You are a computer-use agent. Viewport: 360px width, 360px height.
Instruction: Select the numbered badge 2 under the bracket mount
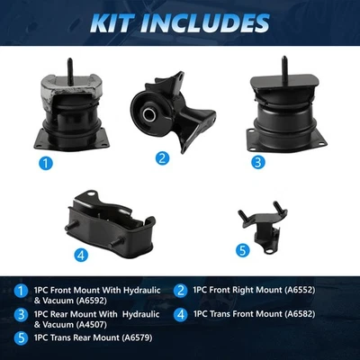(x=162, y=158)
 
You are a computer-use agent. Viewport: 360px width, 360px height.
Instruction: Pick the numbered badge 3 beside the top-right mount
(x=257, y=164)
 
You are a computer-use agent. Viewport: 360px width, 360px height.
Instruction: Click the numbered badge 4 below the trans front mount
(x=82, y=255)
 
